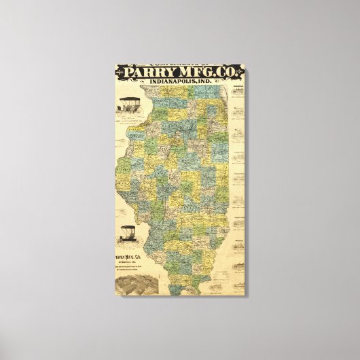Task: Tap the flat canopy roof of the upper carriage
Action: (x=129, y=99)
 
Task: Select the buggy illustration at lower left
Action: (x=128, y=235)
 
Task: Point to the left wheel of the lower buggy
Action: (x=123, y=239)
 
